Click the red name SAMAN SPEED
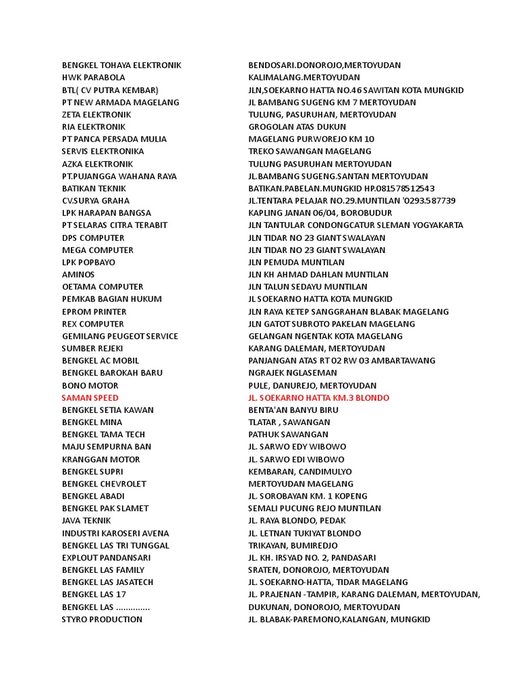point(90,397)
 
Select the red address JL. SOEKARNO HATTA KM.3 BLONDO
point(318,397)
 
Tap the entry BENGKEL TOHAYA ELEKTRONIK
point(121,65)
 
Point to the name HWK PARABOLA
point(93,78)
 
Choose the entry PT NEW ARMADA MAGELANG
point(120,103)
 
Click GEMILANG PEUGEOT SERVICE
point(120,336)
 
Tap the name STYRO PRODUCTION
point(102,619)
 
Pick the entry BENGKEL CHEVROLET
point(104,484)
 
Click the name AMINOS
point(78,275)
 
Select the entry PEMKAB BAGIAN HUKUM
point(112,299)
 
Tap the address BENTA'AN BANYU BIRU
point(293,410)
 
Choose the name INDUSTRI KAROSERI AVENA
point(115,533)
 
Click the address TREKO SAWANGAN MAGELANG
point(310,151)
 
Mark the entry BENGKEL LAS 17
point(94,595)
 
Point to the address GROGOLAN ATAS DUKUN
point(297,127)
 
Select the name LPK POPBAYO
point(88,262)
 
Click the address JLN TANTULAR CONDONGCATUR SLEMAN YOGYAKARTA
point(355,225)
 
